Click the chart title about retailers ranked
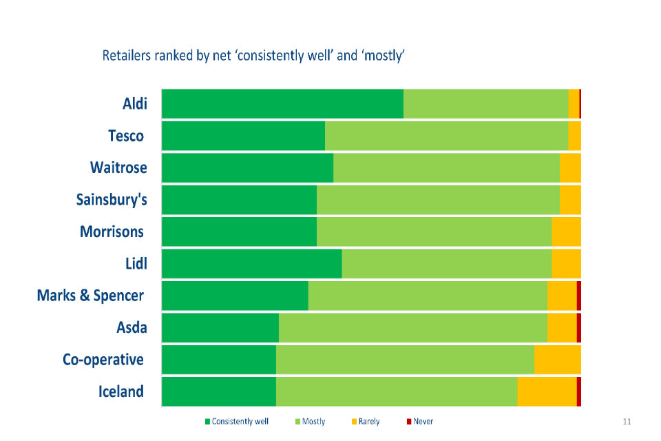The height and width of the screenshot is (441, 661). click(253, 56)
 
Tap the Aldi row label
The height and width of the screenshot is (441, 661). click(134, 103)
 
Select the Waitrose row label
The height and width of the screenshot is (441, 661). click(118, 167)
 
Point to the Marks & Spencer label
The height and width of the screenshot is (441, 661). click(90, 296)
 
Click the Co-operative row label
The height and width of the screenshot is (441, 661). click(103, 360)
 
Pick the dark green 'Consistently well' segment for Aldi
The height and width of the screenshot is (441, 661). click(282, 103)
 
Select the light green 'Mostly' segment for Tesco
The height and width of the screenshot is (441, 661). click(446, 136)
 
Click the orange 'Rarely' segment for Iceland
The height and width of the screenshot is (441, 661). click(547, 391)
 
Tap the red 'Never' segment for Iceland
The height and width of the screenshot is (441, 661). click(579, 391)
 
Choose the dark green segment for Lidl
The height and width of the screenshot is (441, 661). click(251, 263)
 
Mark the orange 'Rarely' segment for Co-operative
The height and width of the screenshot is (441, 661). click(557, 360)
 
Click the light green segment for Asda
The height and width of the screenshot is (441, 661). click(413, 327)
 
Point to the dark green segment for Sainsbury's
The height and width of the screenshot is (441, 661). click(239, 200)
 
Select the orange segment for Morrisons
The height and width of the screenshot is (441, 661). click(566, 232)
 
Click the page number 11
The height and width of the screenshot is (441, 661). click(627, 422)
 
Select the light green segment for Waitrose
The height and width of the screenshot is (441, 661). click(446, 167)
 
